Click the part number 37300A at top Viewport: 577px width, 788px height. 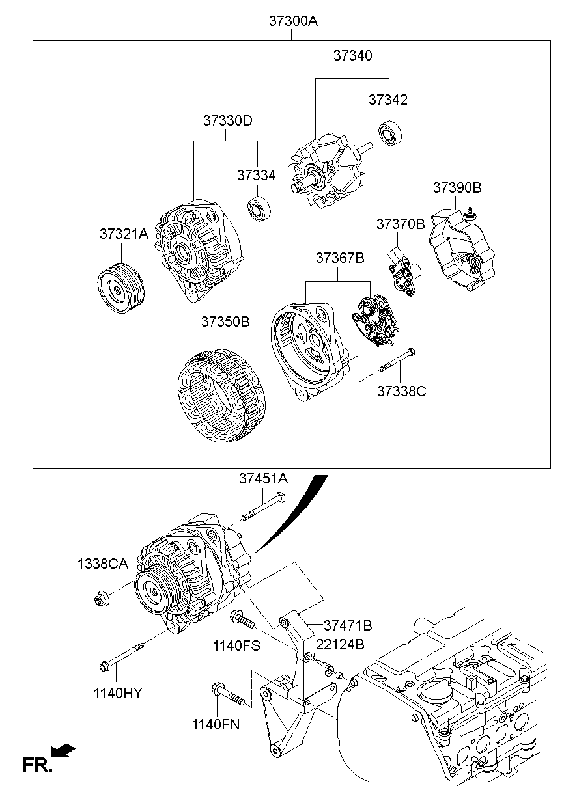[293, 21]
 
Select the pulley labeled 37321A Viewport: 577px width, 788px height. [122, 289]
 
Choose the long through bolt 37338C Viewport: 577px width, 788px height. [397, 361]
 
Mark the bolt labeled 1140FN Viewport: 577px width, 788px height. [227, 695]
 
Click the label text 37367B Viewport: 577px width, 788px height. [340, 258]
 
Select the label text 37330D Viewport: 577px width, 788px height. [227, 121]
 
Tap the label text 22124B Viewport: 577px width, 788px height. [340, 644]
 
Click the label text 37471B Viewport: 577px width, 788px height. [348, 625]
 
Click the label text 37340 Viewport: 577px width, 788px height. [353, 56]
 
